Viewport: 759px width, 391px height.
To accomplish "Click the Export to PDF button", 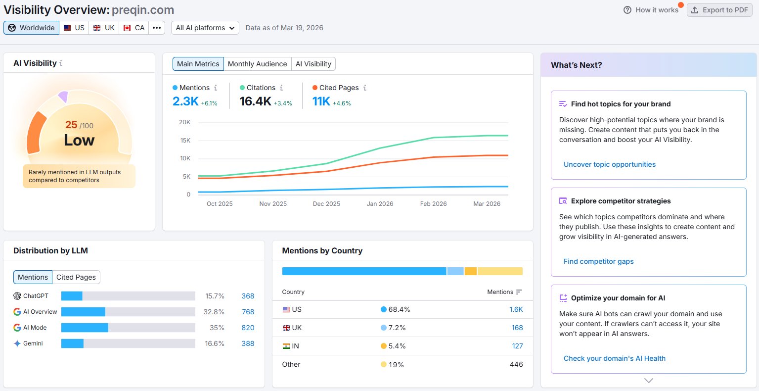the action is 719,10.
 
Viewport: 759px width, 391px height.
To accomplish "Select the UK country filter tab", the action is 104,28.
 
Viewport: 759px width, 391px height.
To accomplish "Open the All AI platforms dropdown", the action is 205,28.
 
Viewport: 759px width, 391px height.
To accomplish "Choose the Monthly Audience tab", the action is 257,64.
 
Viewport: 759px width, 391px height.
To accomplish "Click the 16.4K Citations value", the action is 256,101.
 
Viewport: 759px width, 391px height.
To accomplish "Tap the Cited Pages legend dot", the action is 315,88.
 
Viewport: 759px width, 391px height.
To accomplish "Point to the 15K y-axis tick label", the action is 185,141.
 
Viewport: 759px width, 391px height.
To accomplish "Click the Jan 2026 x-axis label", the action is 380,204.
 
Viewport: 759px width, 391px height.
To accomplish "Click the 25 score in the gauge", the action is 71,125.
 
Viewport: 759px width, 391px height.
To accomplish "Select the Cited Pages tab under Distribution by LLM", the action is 76,277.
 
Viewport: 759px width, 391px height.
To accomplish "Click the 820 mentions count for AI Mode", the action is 248,328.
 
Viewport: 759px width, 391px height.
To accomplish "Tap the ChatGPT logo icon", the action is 17,295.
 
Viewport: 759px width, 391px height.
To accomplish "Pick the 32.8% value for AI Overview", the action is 214,312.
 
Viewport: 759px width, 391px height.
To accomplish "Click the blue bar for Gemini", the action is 72,343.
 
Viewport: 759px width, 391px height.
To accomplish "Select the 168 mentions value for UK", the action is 517,328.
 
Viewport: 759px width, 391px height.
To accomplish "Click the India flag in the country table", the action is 286,346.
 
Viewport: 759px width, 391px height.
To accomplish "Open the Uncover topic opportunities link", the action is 610,164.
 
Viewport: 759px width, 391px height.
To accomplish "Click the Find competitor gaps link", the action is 598,261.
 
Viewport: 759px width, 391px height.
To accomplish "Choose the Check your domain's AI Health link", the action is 614,358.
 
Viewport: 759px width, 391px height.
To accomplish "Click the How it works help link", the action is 651,10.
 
